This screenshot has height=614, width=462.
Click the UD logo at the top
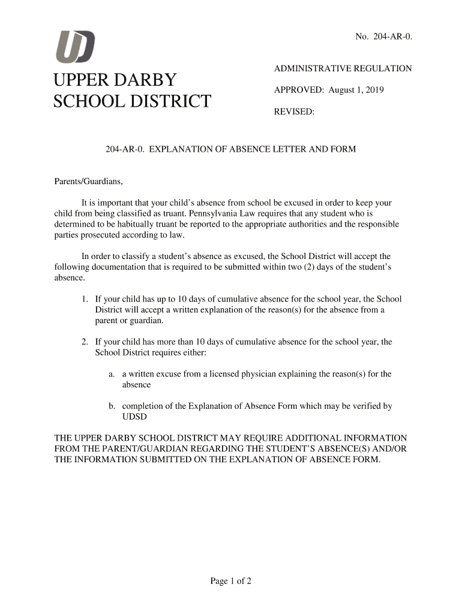pyautogui.click(x=75, y=46)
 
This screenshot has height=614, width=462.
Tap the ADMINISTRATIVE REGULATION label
pyautogui.click(x=343, y=69)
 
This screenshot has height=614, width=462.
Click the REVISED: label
pyautogui.click(x=294, y=112)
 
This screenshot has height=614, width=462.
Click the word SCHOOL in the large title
pyautogui.click(x=87, y=101)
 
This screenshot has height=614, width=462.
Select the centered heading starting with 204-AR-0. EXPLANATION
pyautogui.click(x=230, y=149)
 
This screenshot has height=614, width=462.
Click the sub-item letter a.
pyautogui.click(x=112, y=374)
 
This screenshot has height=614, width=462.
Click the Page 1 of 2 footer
pyautogui.click(x=230, y=581)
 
